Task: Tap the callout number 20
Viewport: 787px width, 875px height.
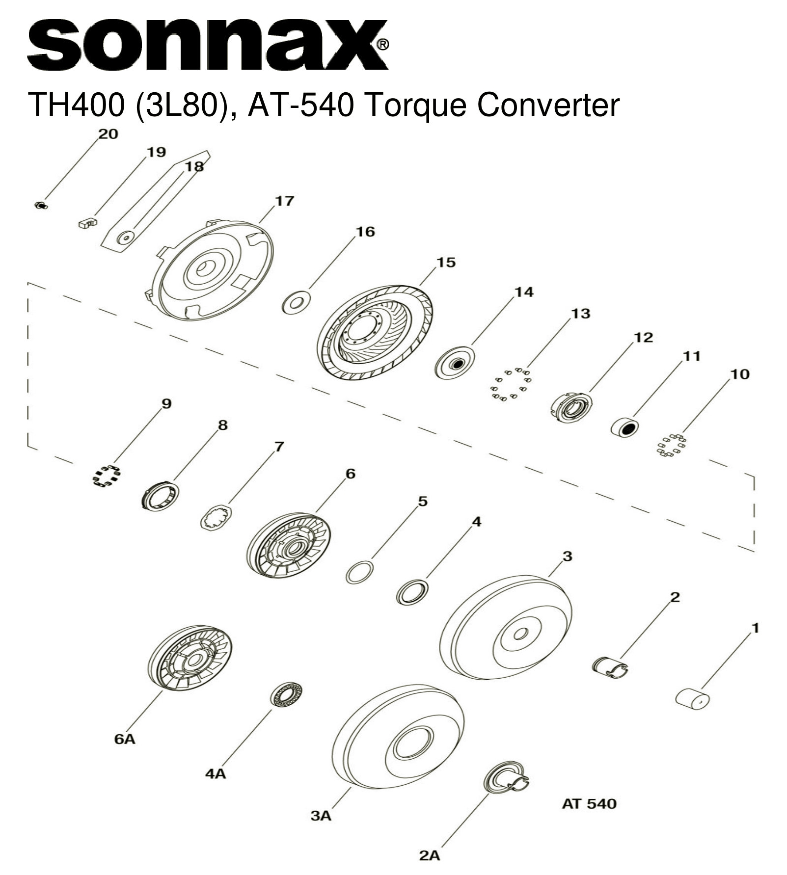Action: [x=109, y=134]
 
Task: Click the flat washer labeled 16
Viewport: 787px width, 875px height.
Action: [x=296, y=302]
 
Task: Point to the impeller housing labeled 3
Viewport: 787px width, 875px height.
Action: [x=506, y=628]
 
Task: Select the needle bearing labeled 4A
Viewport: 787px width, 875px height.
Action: [x=286, y=693]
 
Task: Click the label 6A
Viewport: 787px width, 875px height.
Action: [x=125, y=739]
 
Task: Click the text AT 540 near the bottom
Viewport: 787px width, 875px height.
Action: [x=589, y=803]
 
